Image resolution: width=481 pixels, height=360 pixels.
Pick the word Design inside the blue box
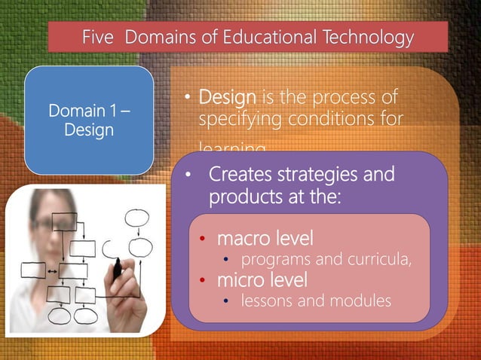point(89,130)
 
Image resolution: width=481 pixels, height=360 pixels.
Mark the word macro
point(242,239)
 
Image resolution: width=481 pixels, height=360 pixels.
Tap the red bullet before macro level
point(202,240)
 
